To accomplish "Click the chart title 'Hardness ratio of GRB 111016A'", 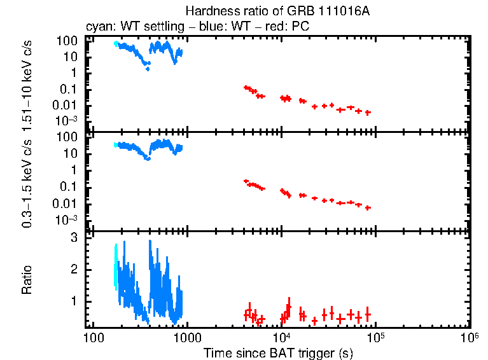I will click(x=277, y=11).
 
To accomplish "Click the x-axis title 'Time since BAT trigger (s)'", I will click(x=278, y=352).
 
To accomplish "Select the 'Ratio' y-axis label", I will click(x=27, y=280).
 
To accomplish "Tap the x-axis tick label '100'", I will click(x=94, y=336).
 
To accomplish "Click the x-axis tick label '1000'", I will click(x=187, y=336).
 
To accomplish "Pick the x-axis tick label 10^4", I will click(x=281, y=336).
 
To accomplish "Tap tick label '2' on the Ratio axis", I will click(x=74, y=269).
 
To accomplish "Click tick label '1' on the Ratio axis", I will click(x=74, y=300).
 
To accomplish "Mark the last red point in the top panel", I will click(x=368, y=113).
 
